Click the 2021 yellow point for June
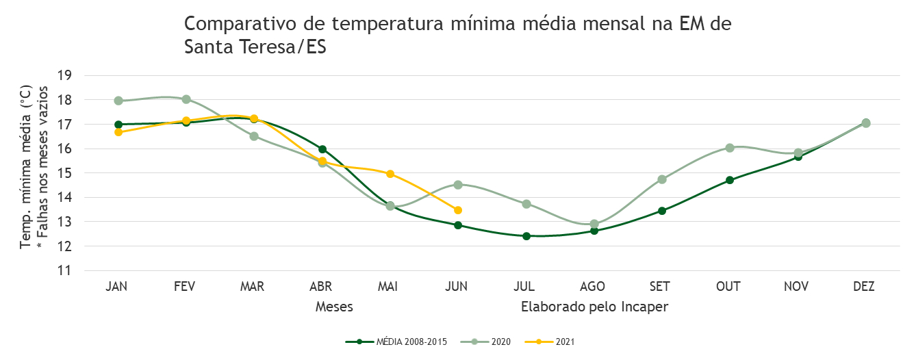pyautogui.click(x=458, y=210)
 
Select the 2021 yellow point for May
pyautogui.click(x=390, y=174)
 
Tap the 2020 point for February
pyautogui.click(x=186, y=99)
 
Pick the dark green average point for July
pyautogui.click(x=526, y=235)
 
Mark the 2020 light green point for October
pyautogui.click(x=730, y=148)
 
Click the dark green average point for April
pyautogui.click(x=322, y=149)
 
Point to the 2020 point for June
pyautogui.click(x=458, y=185)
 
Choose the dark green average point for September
pyautogui.click(x=662, y=210)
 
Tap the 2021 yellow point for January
pyautogui.click(x=118, y=132)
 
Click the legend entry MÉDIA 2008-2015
pyautogui.click(x=396, y=342)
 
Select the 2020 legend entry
pyautogui.click(x=485, y=342)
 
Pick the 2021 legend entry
pyautogui.click(x=550, y=342)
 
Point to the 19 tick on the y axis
pyautogui.click(x=64, y=75)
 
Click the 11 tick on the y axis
pyautogui.click(x=64, y=270)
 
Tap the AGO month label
pyautogui.click(x=593, y=287)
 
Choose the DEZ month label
pyautogui.click(x=864, y=287)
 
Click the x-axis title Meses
pyautogui.click(x=334, y=307)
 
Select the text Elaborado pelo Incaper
pyautogui.click(x=595, y=307)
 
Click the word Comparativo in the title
pyautogui.click(x=240, y=24)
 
